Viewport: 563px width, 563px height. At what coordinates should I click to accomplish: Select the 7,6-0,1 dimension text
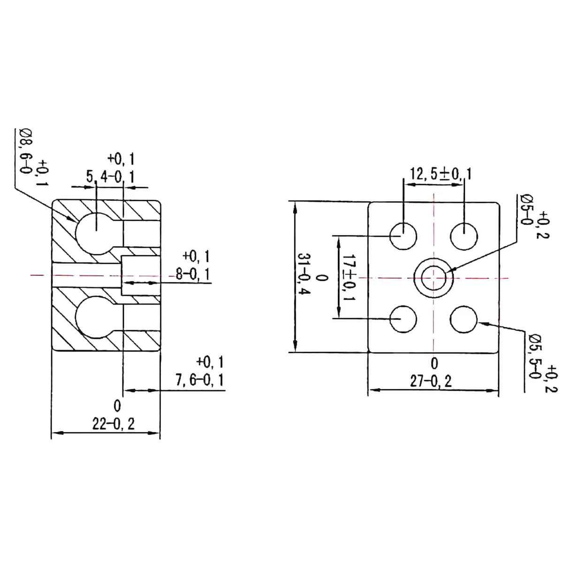[199, 379]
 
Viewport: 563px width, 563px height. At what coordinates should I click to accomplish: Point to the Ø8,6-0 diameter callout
[24, 150]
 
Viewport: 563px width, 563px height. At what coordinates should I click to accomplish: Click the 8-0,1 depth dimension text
[192, 273]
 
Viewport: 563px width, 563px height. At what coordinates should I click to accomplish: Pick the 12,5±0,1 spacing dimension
[441, 174]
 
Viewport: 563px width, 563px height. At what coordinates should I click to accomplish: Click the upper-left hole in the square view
[403, 236]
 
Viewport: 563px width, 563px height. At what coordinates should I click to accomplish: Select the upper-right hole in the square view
[464, 236]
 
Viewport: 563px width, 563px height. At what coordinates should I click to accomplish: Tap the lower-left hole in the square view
[403, 320]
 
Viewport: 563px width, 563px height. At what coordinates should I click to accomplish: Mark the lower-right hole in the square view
[464, 320]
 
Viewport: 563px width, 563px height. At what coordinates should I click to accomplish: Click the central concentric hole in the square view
[434, 278]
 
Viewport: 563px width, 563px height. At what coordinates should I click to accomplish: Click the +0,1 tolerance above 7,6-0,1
[210, 362]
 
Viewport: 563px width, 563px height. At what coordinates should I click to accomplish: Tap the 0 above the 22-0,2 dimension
[117, 405]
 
